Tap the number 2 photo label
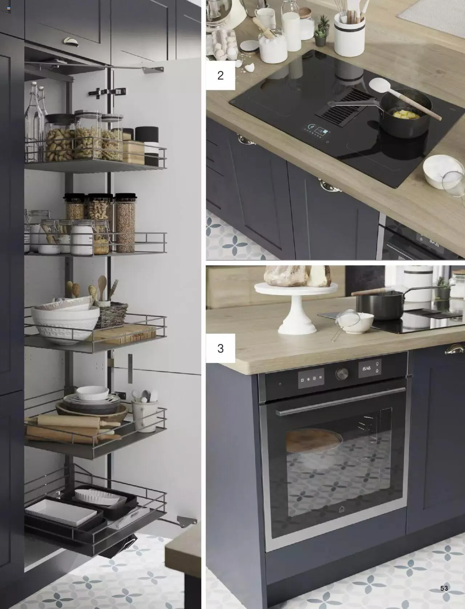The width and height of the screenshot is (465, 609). coord(221,75)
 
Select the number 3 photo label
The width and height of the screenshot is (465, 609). coord(221,348)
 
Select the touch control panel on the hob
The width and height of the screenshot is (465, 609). coord(316,131)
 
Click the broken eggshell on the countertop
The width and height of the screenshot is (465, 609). coord(250,67)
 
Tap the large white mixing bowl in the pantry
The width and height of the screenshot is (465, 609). coord(65,325)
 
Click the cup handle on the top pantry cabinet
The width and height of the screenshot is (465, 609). coord(71,42)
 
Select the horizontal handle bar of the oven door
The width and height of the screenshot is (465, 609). coord(340,402)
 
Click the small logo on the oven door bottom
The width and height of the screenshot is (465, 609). coord(342,509)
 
